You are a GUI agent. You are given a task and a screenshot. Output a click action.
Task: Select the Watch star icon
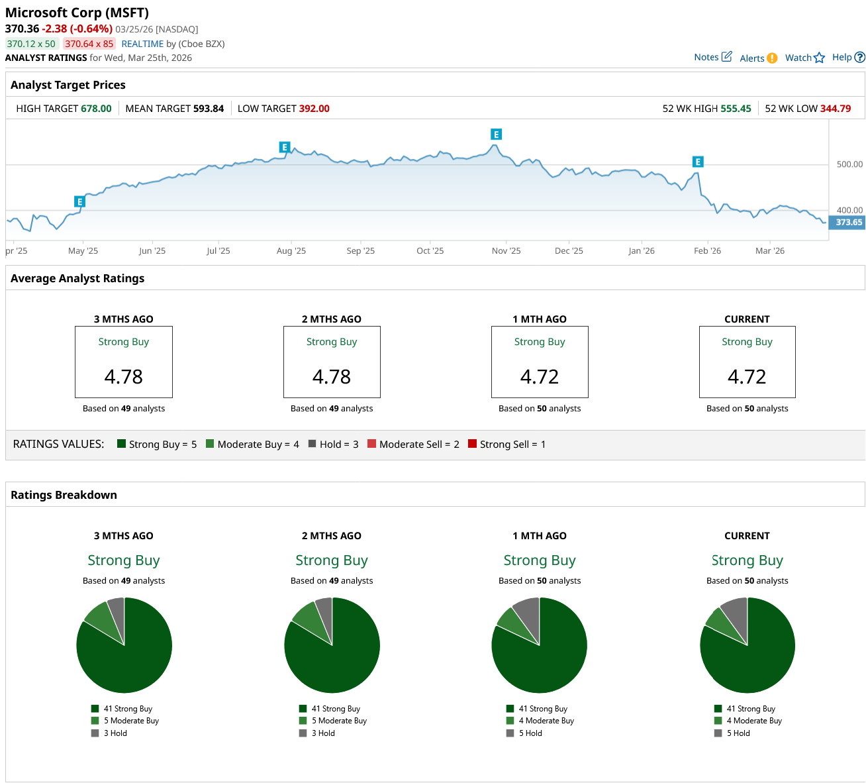click(819, 58)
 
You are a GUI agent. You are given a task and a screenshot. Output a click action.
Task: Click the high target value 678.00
click(96, 109)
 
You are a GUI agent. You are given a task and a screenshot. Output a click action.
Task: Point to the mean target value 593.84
click(209, 109)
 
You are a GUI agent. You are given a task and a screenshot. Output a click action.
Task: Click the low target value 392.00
click(314, 109)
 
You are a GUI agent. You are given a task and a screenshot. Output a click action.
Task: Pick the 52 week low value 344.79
click(836, 109)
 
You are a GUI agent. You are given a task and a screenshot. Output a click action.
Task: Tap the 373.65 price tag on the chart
click(848, 223)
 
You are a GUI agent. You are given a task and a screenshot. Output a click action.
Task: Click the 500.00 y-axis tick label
click(849, 164)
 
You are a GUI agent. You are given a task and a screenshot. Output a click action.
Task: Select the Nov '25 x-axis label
click(506, 251)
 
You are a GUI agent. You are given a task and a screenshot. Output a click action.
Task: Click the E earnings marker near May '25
click(79, 202)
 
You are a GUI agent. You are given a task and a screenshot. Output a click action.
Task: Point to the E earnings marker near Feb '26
click(697, 162)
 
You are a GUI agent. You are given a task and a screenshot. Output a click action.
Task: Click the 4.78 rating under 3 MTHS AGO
click(124, 377)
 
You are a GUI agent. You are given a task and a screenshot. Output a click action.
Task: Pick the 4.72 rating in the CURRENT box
click(747, 377)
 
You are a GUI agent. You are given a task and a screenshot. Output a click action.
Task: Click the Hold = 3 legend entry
click(334, 444)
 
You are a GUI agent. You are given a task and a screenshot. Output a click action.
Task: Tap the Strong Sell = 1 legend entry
click(506, 444)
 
